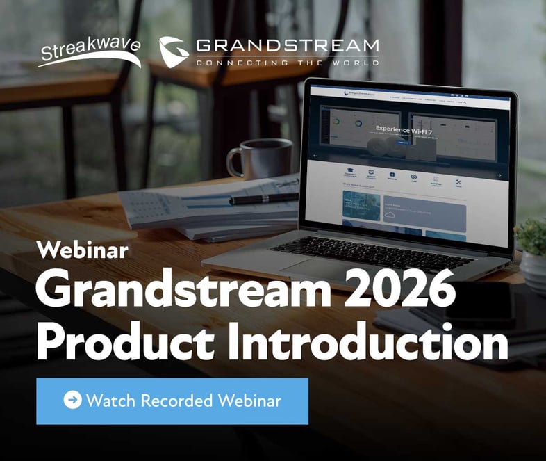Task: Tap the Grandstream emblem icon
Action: pos(174,51)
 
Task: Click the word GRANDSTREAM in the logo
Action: pos(287,47)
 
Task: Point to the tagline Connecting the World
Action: pos(287,63)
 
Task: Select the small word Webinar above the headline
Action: pos(83,249)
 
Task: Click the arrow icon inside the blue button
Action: pos(72,400)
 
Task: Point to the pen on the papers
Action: pos(264,198)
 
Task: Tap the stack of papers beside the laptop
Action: pos(201,209)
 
